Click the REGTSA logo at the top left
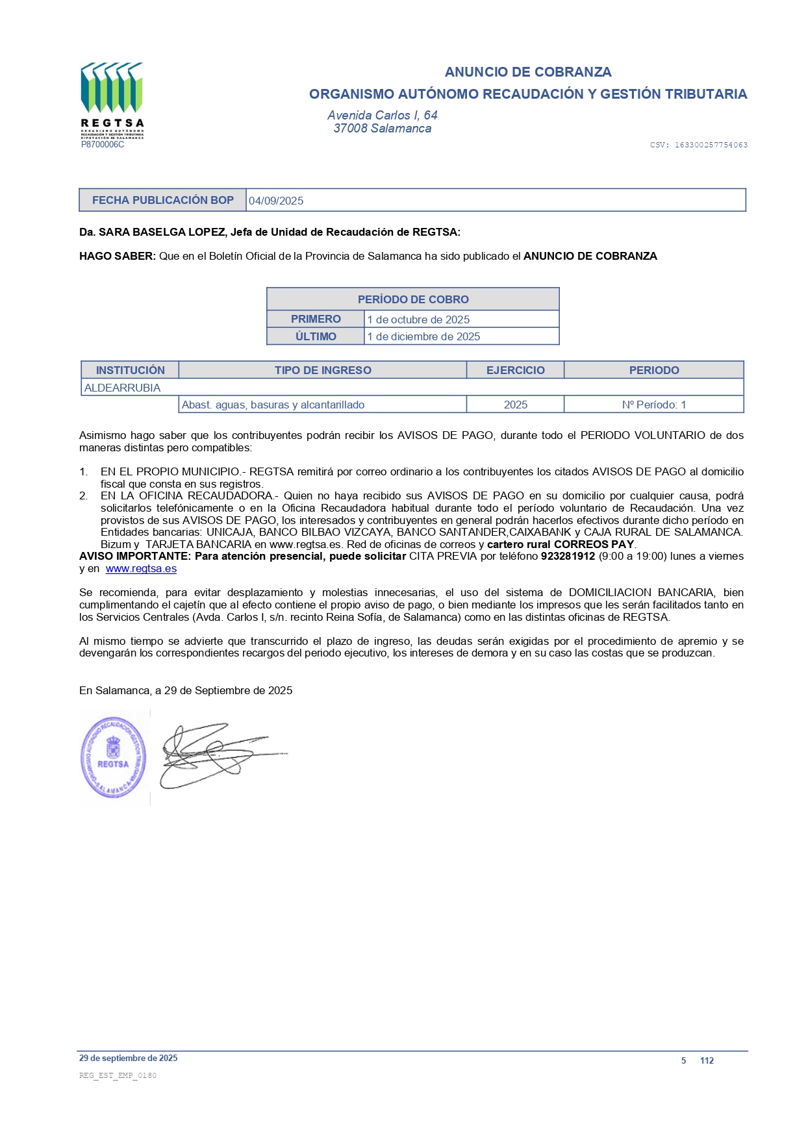pos(112,97)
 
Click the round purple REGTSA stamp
pos(113,757)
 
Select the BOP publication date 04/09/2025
pos(276,201)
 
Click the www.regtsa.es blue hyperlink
pos(141,569)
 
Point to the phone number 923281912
pos(568,557)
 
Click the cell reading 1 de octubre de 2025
pos(418,319)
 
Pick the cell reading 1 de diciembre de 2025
pos(423,336)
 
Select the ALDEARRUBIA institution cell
pos(123,388)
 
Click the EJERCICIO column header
pos(515,370)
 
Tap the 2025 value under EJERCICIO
pos(515,405)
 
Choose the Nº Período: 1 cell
pos(653,405)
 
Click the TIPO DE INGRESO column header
pos(323,370)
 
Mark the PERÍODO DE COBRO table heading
pos(413,299)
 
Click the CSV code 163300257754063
pos(711,145)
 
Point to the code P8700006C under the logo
pos(103,144)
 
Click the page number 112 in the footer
pos(707,1060)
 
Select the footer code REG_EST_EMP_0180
pos(118,1075)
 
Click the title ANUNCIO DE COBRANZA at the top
pos(528,71)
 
